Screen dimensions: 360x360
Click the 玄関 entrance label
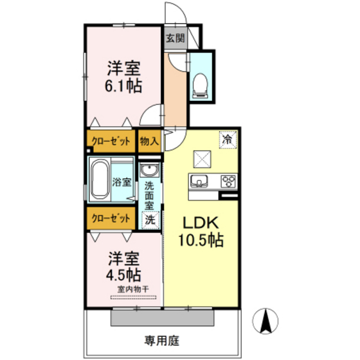click(175, 38)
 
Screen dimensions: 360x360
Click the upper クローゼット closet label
click(111, 141)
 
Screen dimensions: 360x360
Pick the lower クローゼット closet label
click(111, 219)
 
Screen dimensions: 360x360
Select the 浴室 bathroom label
click(122, 182)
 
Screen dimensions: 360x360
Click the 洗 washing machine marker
click(148, 219)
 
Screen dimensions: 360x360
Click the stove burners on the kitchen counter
click(228, 180)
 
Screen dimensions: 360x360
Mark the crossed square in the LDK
click(202, 157)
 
